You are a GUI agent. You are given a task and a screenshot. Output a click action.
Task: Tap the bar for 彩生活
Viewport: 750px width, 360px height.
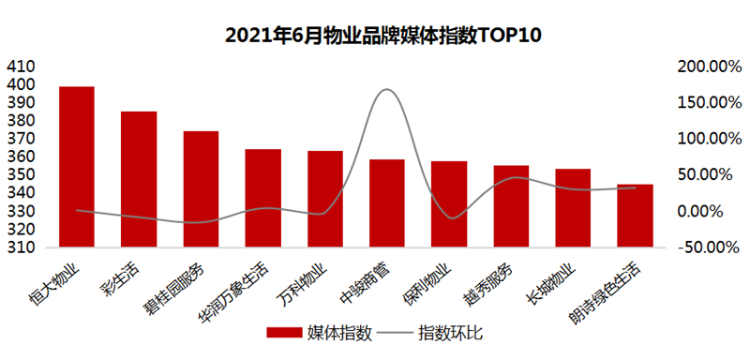coord(139,179)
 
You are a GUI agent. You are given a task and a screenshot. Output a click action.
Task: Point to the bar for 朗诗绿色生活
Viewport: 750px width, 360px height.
coord(635,216)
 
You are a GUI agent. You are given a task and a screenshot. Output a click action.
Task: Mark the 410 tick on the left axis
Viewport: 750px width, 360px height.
coord(20,67)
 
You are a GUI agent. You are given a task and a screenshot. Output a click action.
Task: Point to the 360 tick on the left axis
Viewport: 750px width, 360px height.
coord(20,157)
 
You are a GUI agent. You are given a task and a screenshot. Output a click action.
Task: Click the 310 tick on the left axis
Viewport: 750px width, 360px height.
coord(20,248)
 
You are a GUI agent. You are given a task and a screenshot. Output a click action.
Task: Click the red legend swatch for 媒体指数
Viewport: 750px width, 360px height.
coord(284,333)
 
